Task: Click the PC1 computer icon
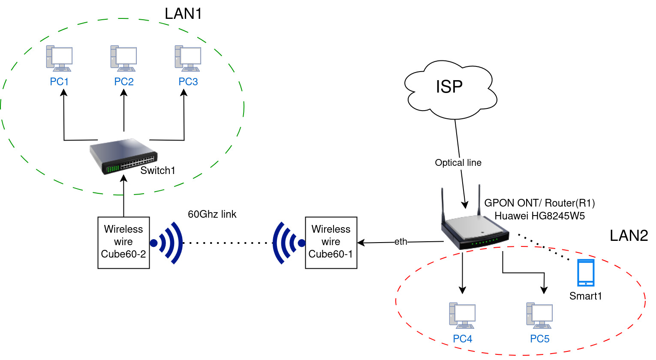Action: [59, 58]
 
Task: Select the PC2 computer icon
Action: [123, 58]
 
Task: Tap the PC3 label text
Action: [188, 82]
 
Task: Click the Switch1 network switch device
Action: [123, 156]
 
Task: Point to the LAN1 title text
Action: [183, 14]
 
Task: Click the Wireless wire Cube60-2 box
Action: [123, 243]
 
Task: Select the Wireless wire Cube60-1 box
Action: [331, 243]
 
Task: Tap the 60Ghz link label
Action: [212, 214]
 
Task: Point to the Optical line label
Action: [458, 163]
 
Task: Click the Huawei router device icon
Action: [475, 227]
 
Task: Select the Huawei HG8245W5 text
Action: [539, 216]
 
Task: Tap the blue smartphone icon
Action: [586, 273]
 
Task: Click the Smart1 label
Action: [586, 296]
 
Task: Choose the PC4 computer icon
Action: [462, 315]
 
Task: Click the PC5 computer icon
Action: [539, 315]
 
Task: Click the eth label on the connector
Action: [401, 242]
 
